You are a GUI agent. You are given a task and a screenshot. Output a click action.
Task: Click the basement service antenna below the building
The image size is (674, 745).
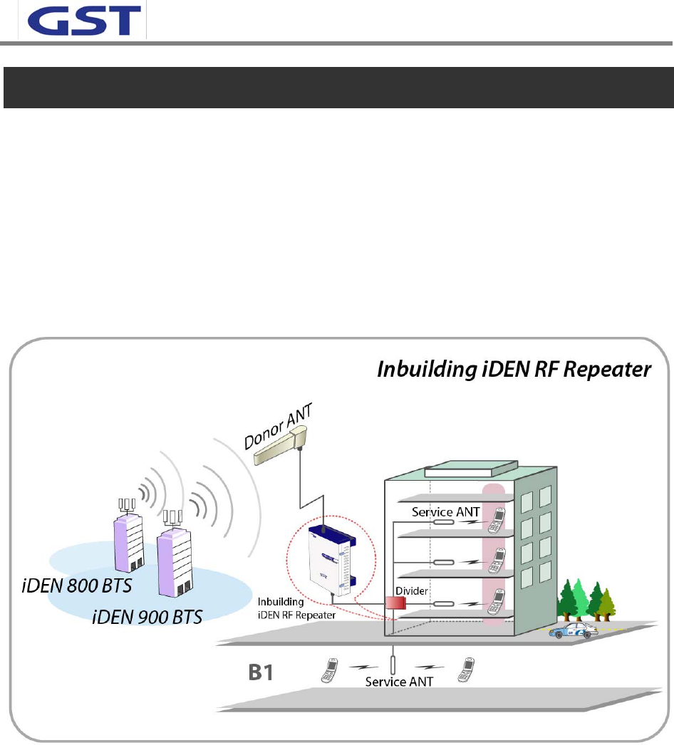(393, 659)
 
